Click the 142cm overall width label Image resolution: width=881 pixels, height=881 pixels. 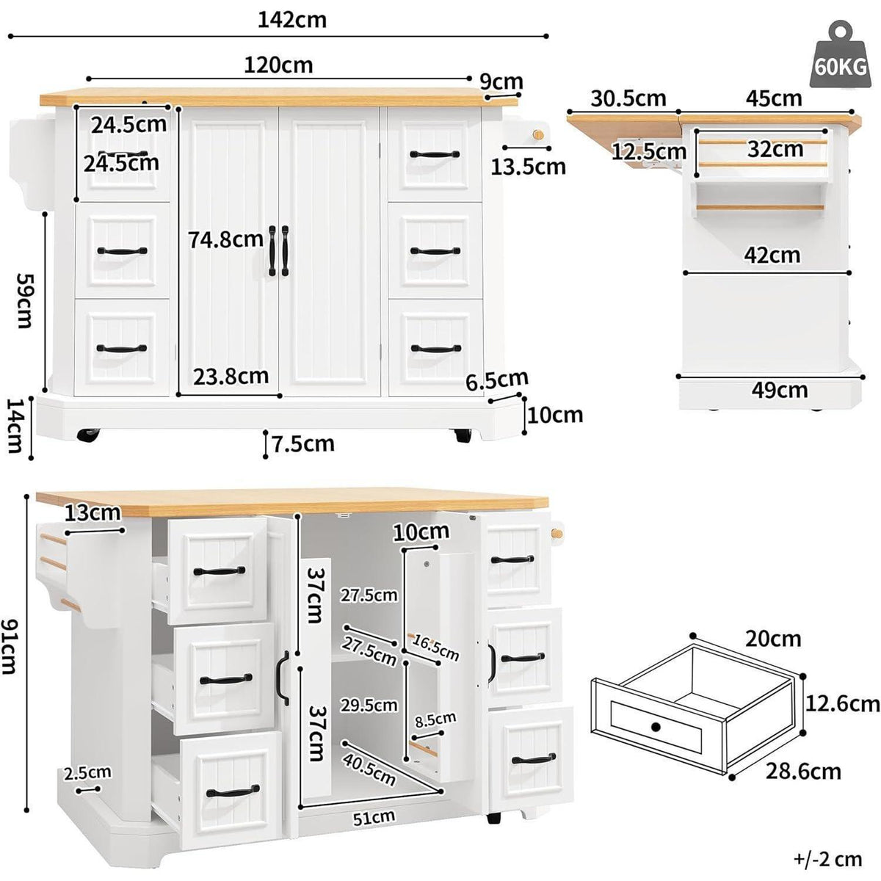(x=292, y=20)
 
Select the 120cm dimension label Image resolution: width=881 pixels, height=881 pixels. (x=278, y=65)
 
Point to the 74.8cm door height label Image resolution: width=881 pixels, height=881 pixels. (x=226, y=239)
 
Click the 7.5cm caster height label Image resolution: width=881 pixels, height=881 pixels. (x=303, y=443)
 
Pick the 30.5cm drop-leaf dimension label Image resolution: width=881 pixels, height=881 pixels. (x=628, y=98)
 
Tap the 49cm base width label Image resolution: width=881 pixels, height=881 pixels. (x=780, y=390)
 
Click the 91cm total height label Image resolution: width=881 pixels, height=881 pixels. (x=9, y=647)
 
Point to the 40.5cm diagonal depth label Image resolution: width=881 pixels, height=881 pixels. (x=369, y=769)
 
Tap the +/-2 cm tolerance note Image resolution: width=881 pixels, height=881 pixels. (x=828, y=859)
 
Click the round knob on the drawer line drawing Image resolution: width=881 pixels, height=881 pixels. (x=656, y=727)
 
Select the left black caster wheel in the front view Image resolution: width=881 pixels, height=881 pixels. (x=88, y=435)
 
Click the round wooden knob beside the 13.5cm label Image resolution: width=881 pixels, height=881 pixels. (x=538, y=135)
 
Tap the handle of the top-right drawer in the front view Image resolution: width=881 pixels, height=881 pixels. (x=435, y=154)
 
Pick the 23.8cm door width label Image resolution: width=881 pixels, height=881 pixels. (x=231, y=377)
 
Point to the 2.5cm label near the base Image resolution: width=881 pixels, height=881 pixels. (x=87, y=772)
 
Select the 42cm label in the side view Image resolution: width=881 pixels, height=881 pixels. (x=772, y=255)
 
